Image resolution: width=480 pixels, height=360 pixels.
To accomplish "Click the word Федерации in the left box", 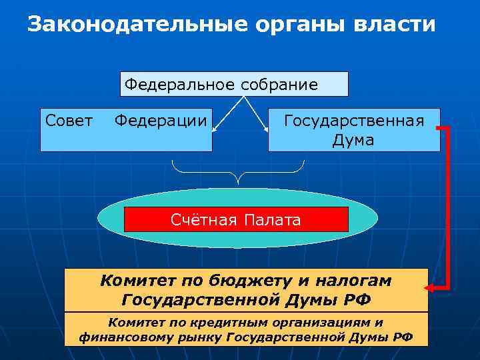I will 160,121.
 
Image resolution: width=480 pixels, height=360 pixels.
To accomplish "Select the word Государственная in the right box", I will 354,121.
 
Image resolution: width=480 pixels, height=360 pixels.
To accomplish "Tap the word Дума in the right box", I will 353,141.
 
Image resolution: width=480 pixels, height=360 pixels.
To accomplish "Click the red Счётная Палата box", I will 236,219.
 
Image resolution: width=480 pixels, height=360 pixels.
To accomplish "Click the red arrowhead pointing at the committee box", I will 430,288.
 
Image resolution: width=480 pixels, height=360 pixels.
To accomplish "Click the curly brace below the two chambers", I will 237,172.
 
